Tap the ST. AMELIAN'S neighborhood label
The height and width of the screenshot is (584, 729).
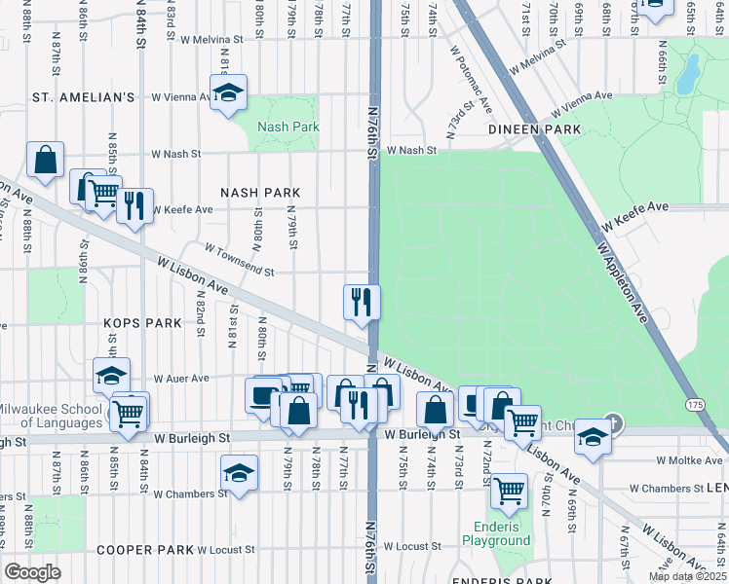(x=83, y=97)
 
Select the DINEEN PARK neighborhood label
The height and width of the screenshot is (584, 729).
(x=535, y=129)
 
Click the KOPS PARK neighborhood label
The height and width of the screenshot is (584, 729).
(x=143, y=322)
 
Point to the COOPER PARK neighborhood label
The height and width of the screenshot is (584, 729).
(x=144, y=550)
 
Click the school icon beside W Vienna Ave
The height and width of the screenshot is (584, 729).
(x=228, y=93)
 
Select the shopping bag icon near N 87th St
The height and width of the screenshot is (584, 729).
(x=45, y=161)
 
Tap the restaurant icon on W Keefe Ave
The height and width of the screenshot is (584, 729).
(x=134, y=206)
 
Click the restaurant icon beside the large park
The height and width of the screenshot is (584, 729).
(x=361, y=302)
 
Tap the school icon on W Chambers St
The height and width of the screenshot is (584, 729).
(x=239, y=474)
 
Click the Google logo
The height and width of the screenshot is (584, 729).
(x=32, y=572)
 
